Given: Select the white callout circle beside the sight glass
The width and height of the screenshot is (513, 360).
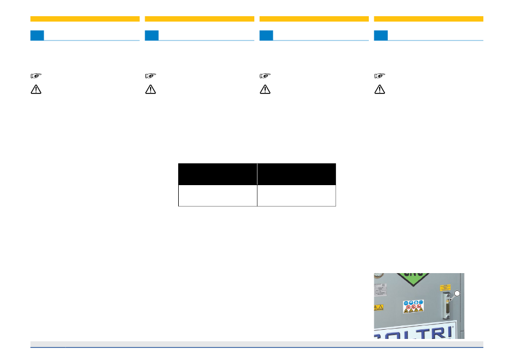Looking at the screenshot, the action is coord(457,293).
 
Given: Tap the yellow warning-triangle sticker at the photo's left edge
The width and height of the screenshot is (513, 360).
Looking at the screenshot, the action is coord(379,308).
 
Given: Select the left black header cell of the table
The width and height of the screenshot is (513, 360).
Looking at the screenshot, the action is coord(218,174).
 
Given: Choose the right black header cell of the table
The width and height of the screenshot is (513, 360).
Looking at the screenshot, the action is coord(296,174).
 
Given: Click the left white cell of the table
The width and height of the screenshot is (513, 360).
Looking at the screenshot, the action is coord(218,195).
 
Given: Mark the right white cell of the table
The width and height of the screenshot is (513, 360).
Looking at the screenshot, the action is coord(296,195).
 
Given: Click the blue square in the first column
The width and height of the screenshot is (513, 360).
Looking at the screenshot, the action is coord(37,36).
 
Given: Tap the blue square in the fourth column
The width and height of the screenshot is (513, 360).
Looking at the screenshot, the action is coord(381,36).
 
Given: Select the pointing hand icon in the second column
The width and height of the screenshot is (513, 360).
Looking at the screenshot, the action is coord(151,76).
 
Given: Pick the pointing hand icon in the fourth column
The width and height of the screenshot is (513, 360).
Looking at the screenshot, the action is coord(380,76).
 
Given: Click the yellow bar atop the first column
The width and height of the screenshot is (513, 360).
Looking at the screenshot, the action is coord(85,19).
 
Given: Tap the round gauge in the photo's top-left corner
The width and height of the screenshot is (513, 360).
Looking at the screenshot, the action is coord(377,276).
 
